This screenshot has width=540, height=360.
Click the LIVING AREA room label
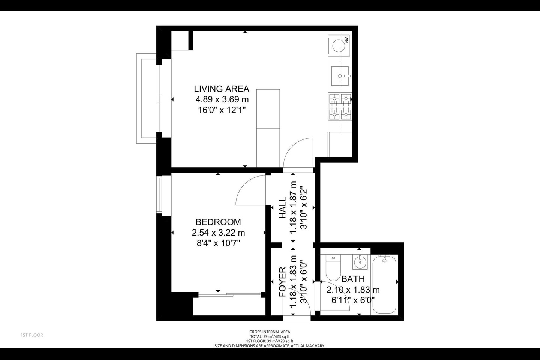[x=221, y=89]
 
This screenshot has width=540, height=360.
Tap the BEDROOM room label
[x=218, y=222]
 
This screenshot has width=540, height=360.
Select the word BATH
[x=353, y=279]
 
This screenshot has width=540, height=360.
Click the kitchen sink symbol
[x=340, y=76]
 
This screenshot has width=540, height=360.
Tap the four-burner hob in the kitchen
[x=340, y=106]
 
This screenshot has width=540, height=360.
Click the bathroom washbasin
[x=360, y=262]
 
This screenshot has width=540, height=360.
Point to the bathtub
[x=384, y=284]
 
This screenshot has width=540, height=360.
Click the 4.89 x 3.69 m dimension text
[x=222, y=100]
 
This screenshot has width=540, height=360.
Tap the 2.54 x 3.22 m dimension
[x=218, y=233]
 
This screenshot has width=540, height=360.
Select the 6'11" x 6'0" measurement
[x=353, y=300]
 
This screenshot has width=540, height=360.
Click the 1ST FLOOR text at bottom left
[x=32, y=335]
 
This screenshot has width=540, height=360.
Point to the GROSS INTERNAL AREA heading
[x=270, y=331]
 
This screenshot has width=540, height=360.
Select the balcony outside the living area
[x=146, y=98]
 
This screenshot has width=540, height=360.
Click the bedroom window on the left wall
[x=159, y=195]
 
